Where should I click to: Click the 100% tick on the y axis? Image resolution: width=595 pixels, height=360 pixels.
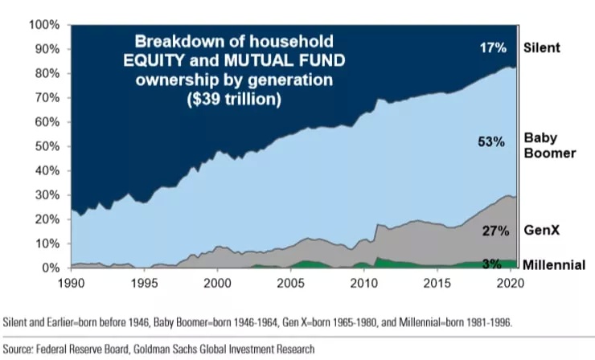coord(44,25)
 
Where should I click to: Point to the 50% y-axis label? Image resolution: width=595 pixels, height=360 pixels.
coord(47,146)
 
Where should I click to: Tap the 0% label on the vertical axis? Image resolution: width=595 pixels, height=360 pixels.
coord(50,268)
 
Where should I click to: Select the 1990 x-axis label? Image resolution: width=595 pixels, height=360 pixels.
coord(71,284)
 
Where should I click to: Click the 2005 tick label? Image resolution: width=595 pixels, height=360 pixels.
coord(290,284)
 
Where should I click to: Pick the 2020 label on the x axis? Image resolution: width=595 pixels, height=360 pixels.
coord(511,284)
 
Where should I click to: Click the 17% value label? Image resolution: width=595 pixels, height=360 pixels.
coord(493,47)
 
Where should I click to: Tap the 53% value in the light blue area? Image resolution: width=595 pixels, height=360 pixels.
coord(491,142)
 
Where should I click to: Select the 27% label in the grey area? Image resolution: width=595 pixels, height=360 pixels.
coord(495,231)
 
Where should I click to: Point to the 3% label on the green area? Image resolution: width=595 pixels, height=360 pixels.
coord(492,264)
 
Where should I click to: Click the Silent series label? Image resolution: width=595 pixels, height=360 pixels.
coord(541,47)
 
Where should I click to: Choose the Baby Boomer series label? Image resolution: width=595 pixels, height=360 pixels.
coord(549,145)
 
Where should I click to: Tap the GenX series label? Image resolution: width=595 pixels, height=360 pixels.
coord(541,231)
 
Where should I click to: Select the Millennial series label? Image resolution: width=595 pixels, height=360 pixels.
coord(554,265)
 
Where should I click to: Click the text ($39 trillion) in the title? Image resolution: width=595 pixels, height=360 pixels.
coord(234,100)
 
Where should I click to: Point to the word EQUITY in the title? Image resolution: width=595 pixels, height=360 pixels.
coord(154,60)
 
